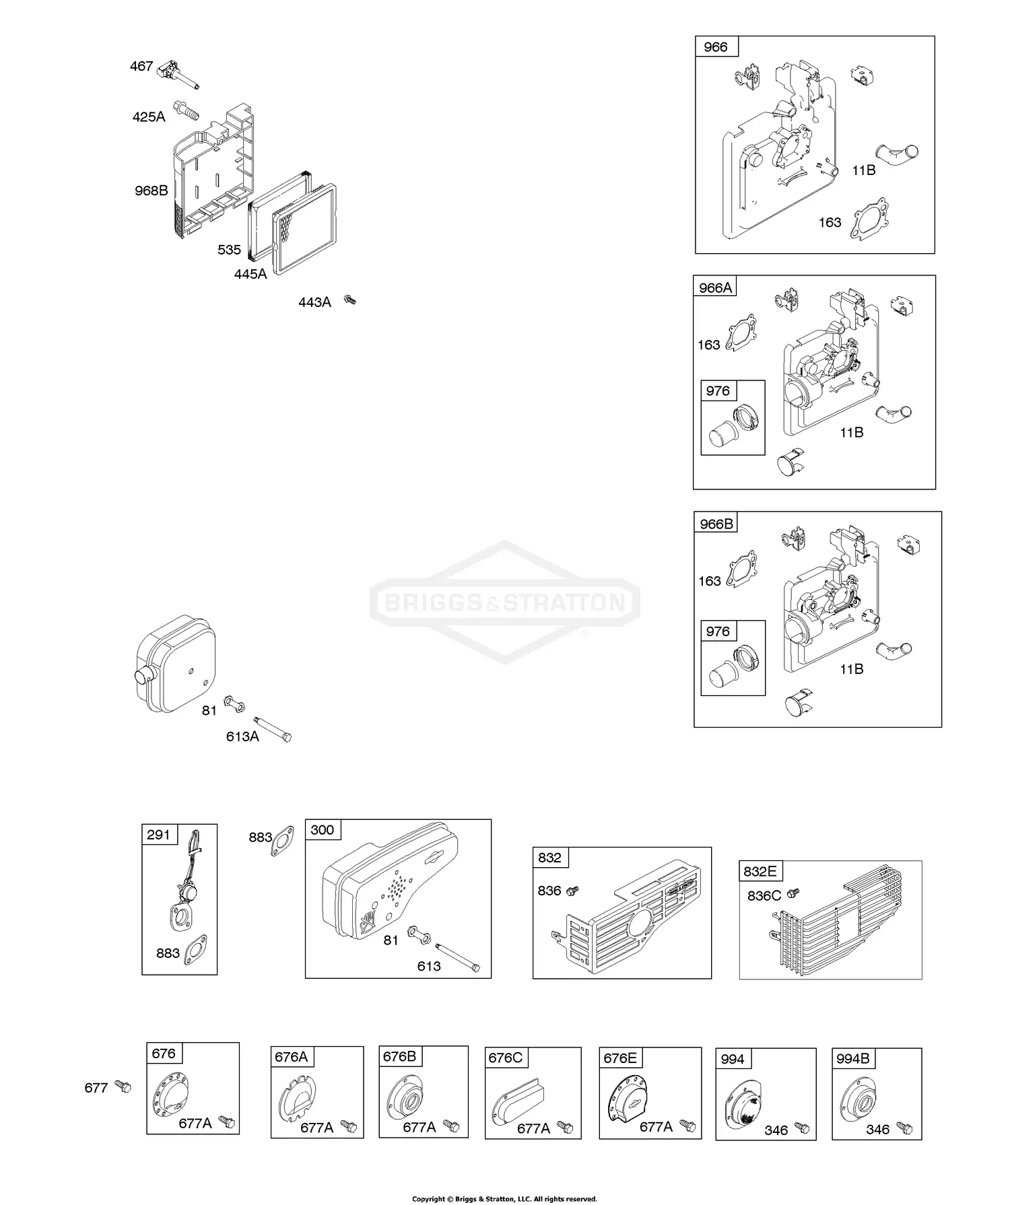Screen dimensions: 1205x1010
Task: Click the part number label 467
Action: (x=141, y=66)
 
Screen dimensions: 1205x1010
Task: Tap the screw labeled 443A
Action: (x=349, y=300)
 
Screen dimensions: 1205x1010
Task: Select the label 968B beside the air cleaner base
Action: (x=151, y=191)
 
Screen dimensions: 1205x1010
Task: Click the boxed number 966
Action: (x=716, y=46)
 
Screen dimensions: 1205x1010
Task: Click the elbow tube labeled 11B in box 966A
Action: (x=894, y=413)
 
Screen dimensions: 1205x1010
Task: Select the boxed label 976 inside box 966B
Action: (x=718, y=631)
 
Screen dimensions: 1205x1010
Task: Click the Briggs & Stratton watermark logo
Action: (x=505, y=601)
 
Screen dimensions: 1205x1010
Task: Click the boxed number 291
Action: (x=159, y=835)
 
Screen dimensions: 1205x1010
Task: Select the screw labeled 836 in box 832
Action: (x=572, y=891)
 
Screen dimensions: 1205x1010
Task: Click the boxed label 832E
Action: (x=760, y=871)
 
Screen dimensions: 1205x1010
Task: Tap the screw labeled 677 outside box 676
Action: (x=123, y=1086)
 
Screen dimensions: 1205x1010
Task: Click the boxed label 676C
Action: (x=505, y=1058)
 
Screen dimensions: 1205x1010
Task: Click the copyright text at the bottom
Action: (x=504, y=1198)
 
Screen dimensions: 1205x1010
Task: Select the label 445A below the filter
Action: (x=250, y=274)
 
